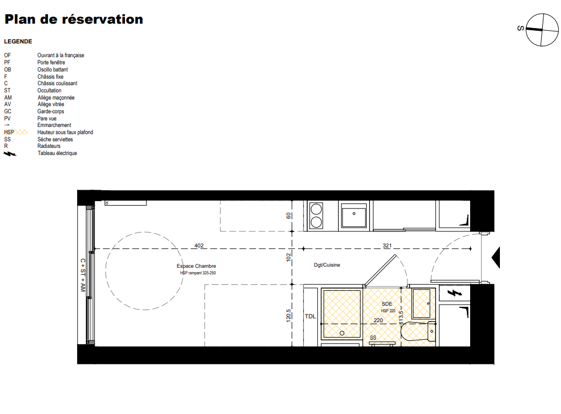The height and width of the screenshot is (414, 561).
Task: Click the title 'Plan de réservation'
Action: (x=74, y=19)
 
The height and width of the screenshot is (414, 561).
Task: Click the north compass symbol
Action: (x=542, y=30)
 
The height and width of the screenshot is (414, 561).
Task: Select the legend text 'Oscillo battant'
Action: (x=53, y=69)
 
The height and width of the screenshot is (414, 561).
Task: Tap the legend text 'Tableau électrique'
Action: (x=57, y=153)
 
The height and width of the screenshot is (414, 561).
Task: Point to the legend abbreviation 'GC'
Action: (x=8, y=112)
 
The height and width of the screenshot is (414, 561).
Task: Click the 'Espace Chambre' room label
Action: (x=196, y=266)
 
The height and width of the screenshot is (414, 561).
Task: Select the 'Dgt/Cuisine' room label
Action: (x=327, y=264)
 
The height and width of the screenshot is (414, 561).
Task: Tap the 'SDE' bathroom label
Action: (x=387, y=303)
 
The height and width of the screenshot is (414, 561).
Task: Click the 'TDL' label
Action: (x=310, y=316)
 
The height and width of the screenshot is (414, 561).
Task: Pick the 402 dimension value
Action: (x=199, y=245)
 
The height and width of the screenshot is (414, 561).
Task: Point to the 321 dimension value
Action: (x=387, y=245)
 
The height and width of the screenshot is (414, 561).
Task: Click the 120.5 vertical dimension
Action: (x=288, y=316)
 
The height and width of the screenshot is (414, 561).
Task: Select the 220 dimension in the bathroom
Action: (x=378, y=320)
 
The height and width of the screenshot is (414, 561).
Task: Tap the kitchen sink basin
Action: (x=354, y=216)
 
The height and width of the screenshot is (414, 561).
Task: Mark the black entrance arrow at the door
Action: (x=496, y=257)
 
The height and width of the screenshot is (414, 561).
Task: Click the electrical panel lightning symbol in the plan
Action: (x=454, y=293)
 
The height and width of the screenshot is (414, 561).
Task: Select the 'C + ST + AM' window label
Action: (x=83, y=275)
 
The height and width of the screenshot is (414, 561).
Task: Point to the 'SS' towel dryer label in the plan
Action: (x=373, y=338)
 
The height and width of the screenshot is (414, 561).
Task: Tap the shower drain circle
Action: (x=342, y=333)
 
